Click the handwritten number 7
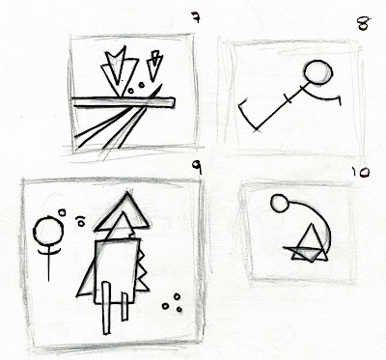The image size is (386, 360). pos(196,17)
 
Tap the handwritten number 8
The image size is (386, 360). pos(364,23)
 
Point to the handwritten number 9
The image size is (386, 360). pos(197,167)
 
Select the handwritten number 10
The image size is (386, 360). pos(360,173)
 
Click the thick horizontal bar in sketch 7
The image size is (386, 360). pos(124,102)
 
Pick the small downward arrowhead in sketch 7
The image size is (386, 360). pos(154,66)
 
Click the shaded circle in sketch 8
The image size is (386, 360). pos(318,72)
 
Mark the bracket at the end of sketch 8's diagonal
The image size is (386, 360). pos(247,116)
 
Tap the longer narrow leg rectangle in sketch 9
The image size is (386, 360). pos(106,308)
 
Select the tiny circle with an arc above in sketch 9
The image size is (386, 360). pos(80,221)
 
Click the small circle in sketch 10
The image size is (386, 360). pos(280,204)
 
